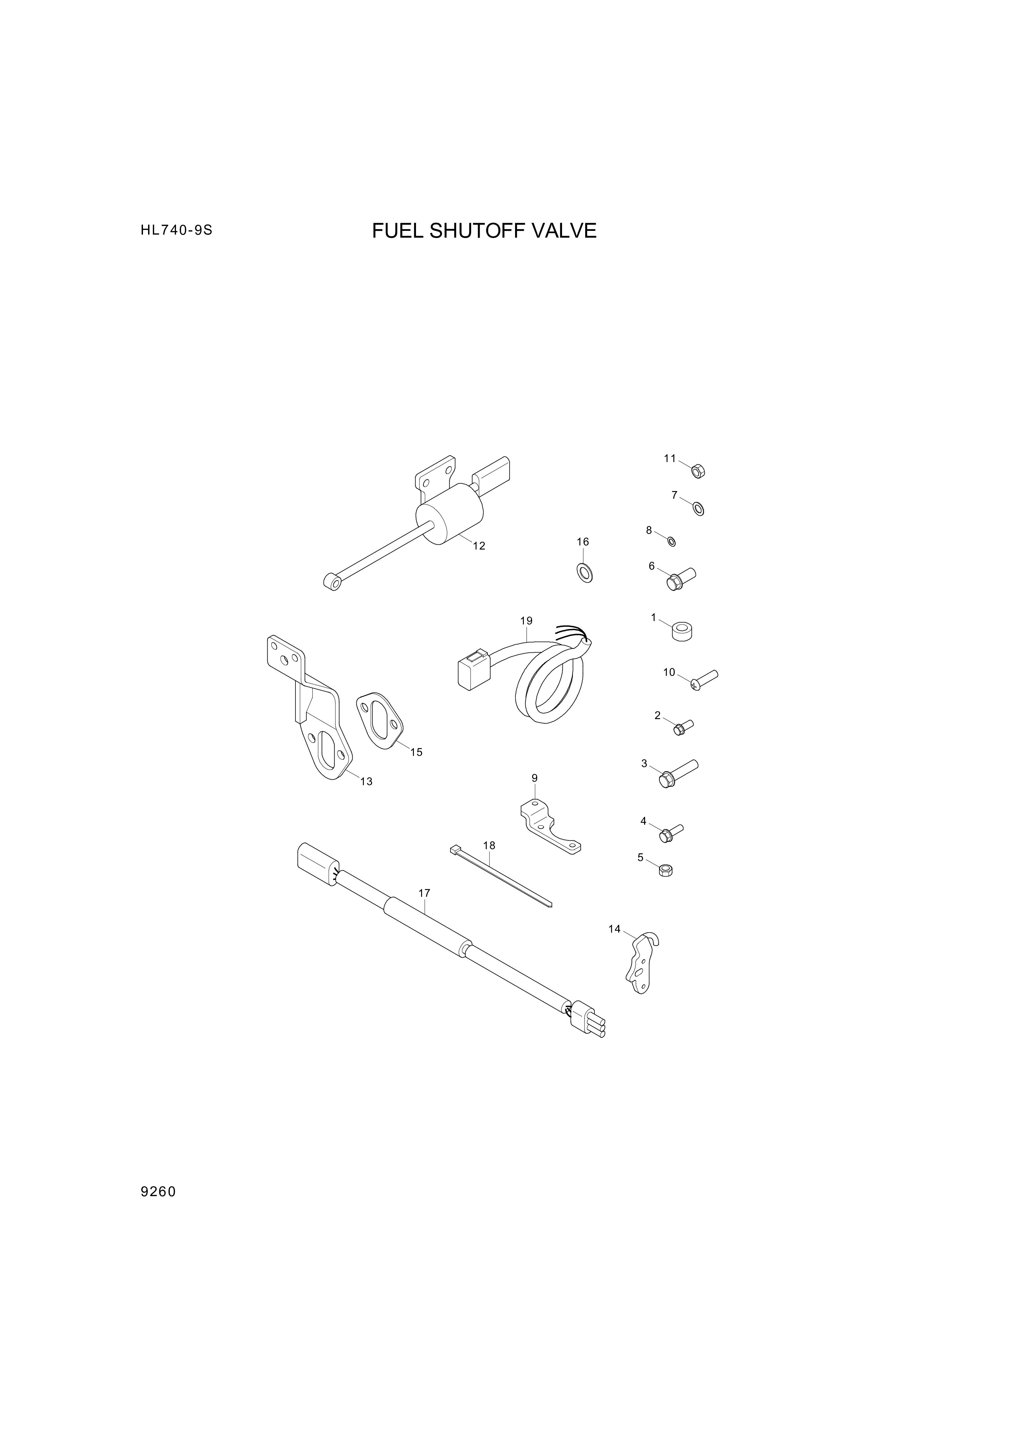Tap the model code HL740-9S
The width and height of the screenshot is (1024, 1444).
(x=177, y=231)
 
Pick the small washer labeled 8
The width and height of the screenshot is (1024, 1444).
(x=672, y=541)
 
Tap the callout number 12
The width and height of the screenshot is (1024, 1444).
(x=479, y=546)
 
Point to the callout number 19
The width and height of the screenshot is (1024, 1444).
(x=527, y=620)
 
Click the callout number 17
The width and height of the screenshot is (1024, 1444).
(x=425, y=893)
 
